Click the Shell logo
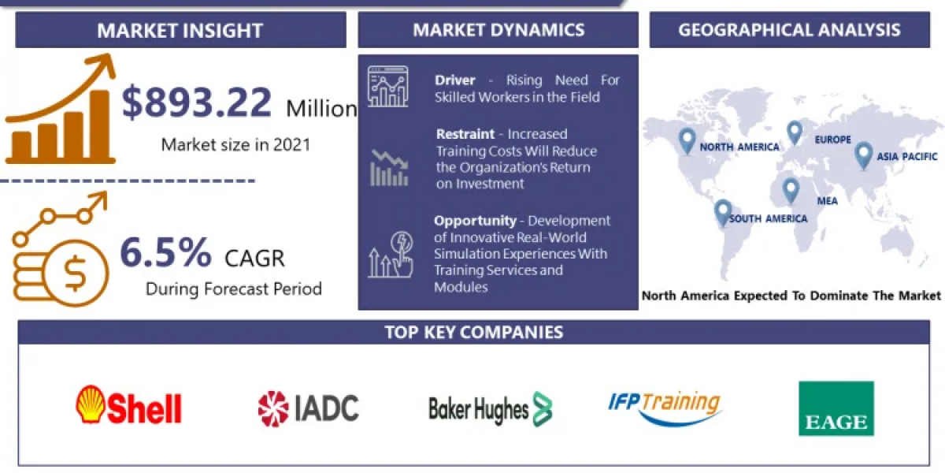coord(128,405)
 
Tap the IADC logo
coord(309,408)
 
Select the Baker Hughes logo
coord(490,409)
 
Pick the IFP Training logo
coord(665,408)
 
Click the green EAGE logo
coord(836,408)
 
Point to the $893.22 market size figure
coord(196,102)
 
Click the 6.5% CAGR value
coord(165,252)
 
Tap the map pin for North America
coord(687,141)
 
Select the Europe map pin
coord(795,133)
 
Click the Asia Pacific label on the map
coord(906,157)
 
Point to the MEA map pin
coord(791,191)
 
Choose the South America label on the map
coord(769,218)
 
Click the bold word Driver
coord(455,80)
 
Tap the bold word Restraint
coord(465,134)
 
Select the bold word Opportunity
coord(475,221)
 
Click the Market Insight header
coord(180,31)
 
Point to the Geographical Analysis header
coord(789,30)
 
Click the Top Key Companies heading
coord(474,333)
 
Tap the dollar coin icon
coord(75,273)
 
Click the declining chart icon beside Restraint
coord(389,168)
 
